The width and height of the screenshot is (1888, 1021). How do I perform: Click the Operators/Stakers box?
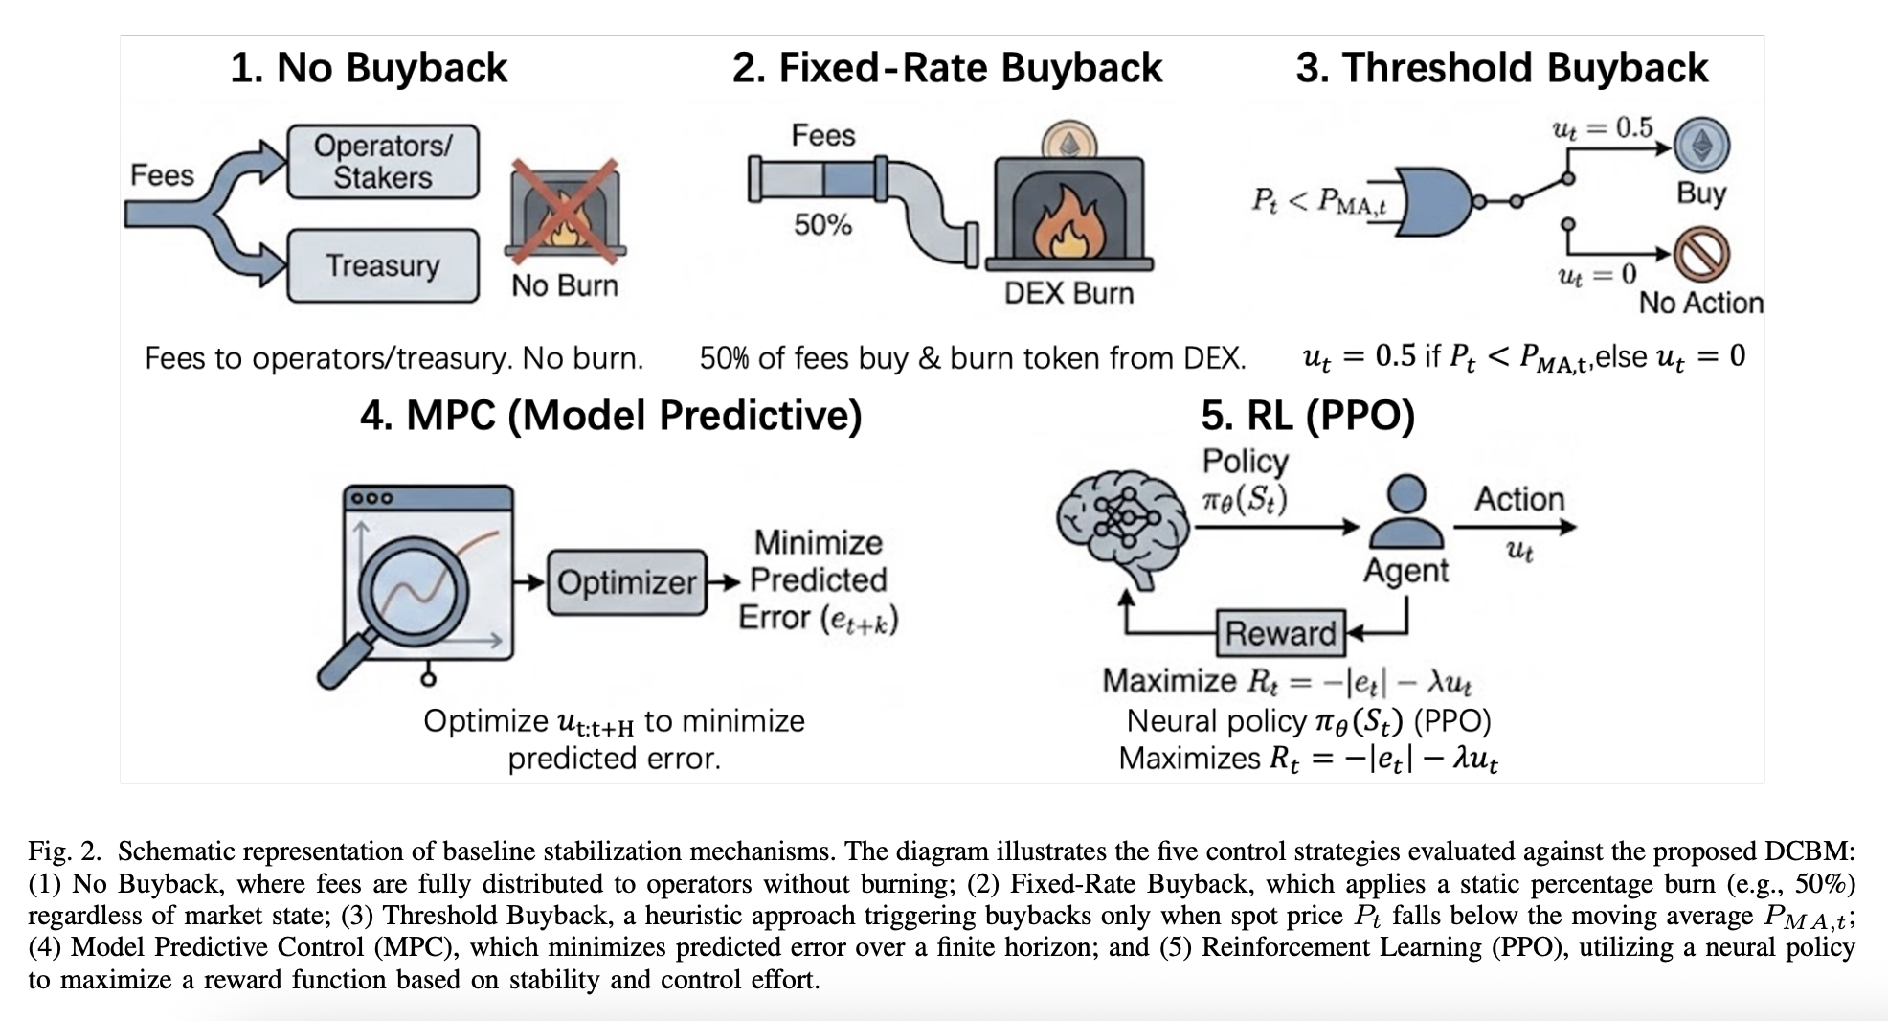click(383, 162)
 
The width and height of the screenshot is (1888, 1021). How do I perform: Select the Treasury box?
click(383, 265)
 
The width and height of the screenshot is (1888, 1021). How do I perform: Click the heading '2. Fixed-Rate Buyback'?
click(947, 68)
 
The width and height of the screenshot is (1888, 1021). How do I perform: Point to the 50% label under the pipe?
click(822, 225)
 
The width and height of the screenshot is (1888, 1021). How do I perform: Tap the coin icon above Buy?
click(1701, 145)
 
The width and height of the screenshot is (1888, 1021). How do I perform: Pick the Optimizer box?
click(627, 581)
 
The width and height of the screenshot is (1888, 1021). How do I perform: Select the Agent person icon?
click(1405, 514)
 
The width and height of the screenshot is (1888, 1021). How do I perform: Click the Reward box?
click(1280, 633)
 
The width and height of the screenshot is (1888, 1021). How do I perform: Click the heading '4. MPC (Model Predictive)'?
click(611, 416)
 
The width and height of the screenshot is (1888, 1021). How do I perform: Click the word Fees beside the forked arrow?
click(162, 175)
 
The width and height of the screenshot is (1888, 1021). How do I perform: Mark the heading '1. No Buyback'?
click(369, 68)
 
